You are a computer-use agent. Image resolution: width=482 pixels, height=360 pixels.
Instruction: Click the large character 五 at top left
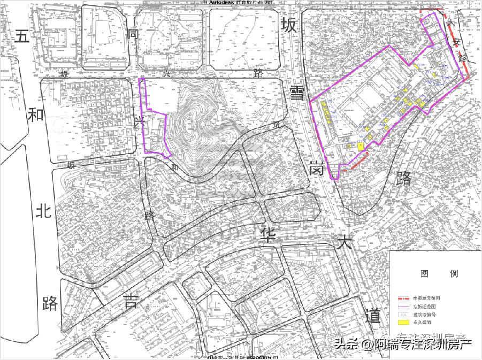tap(21, 36)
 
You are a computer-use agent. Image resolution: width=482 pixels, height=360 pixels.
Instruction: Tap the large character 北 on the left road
tap(43, 212)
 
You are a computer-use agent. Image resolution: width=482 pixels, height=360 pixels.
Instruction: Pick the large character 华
tap(266, 234)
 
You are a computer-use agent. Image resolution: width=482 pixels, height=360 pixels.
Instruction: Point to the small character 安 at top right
tap(456, 41)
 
